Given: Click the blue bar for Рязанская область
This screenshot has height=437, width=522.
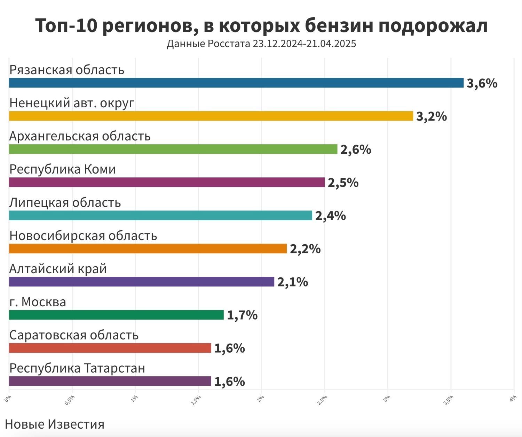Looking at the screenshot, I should tap(236, 83).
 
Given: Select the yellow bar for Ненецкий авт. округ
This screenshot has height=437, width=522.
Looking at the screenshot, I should tap(211, 116).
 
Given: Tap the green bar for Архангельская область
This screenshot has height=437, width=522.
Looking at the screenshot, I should tap(173, 149).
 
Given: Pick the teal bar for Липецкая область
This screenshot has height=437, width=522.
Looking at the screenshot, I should tap(160, 216).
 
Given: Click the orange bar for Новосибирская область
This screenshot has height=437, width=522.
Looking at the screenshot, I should tap(148, 249).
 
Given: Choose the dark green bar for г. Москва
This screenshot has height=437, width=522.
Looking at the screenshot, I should tap(116, 315).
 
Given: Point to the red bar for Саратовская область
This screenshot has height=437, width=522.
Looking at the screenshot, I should tap(110, 348).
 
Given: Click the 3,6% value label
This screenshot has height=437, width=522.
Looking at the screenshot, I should tap(482, 83).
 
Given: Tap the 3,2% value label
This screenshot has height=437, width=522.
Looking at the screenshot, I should tap(432, 116).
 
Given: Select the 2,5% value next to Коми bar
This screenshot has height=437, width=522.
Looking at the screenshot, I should tap(343, 183).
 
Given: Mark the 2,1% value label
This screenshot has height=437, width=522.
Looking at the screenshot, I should tap(293, 282).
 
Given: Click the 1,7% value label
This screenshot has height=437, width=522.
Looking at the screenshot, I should tap(242, 315).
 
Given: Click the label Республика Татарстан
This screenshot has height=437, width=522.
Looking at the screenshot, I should tap(77, 368).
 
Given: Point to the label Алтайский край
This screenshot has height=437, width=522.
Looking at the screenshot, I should tap(58, 269).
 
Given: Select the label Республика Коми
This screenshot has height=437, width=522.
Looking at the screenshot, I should tap(63, 169).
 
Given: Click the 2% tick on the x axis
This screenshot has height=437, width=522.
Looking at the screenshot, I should tap(261, 398).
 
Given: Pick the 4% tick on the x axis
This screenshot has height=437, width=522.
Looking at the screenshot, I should tap(513, 398).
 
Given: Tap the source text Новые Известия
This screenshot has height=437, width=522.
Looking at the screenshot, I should tap(55, 424).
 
